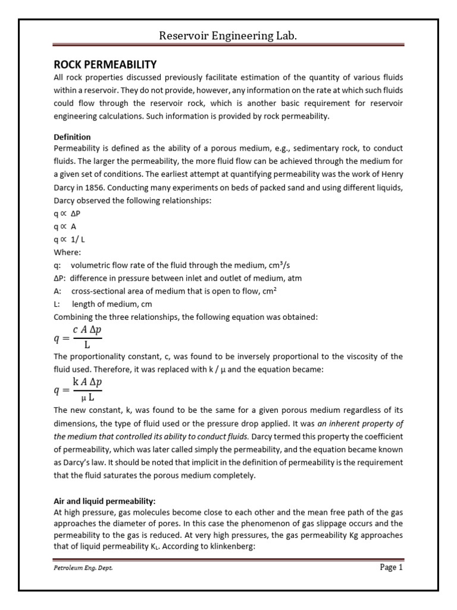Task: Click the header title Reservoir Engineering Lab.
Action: click(x=228, y=36)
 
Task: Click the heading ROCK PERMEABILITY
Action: click(x=105, y=64)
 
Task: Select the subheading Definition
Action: click(x=72, y=137)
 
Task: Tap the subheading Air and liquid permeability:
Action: click(x=104, y=501)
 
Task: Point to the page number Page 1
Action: click(x=392, y=568)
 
